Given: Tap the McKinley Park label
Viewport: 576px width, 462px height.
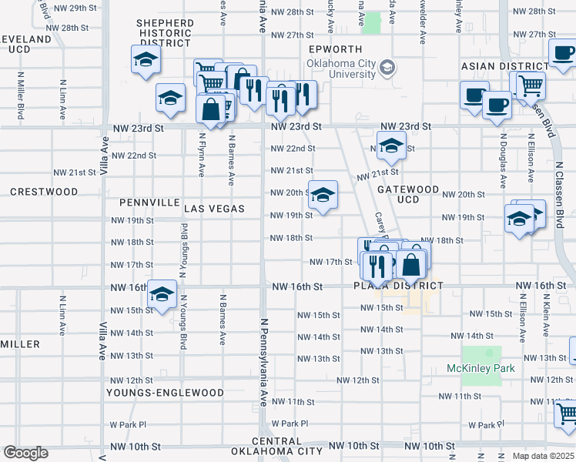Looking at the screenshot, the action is coord(481,368).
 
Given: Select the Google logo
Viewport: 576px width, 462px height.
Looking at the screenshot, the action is coord(25,453).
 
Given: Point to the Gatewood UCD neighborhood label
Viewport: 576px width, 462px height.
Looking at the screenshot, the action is coord(407,195).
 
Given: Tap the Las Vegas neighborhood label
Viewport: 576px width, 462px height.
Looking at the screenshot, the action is coord(214,209).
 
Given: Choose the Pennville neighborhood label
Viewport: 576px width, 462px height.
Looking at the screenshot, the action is coord(149,203).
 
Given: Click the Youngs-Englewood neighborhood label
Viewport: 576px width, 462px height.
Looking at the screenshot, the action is coord(166,393).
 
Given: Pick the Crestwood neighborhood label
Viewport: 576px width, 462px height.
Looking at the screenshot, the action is coord(45,191).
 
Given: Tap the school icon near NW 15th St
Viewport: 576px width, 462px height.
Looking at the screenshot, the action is coord(162,293).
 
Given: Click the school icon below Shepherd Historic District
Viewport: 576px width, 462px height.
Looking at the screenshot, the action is coord(144,59).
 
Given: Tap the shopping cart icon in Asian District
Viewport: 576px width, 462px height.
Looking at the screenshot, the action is coord(530,84).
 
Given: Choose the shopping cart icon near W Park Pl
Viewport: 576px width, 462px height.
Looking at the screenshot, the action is coord(567,413).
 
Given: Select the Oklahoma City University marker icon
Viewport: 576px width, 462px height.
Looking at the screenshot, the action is coord(387,68).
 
